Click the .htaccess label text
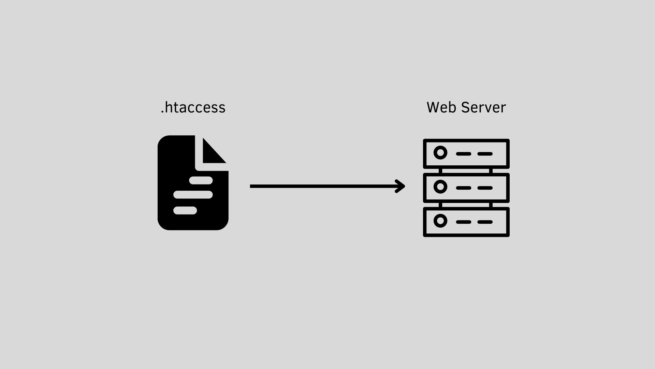coord(193,107)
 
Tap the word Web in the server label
coord(441,107)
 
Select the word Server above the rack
coord(483,107)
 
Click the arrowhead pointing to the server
coord(400,186)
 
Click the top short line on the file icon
coord(201,180)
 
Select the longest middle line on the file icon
coord(193,195)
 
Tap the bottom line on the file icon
coord(185,210)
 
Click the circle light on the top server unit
coord(440,153)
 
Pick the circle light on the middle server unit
coord(440,187)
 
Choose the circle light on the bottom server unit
coord(440,221)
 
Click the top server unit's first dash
coord(464,154)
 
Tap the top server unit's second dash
coord(485,154)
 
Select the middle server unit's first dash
coord(464,188)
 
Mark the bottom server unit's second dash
coord(485,222)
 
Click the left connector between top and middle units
coord(440,171)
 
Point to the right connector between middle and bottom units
coord(491,205)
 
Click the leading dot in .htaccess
coord(162,112)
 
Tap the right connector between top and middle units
coord(491,171)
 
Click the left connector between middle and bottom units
coord(440,205)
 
